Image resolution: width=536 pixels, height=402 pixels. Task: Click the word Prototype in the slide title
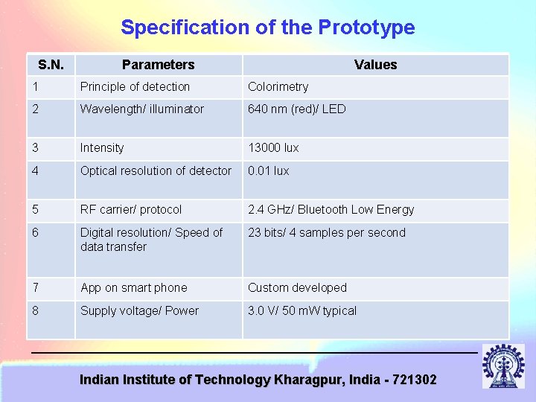tap(366, 28)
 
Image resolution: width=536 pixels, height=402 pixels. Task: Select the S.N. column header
tap(51, 65)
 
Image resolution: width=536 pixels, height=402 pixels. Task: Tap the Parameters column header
tap(158, 65)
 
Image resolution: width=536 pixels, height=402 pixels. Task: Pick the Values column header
tap(375, 65)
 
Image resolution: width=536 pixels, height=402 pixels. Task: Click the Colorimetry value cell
tap(278, 87)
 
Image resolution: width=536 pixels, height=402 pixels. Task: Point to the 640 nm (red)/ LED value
tap(296, 109)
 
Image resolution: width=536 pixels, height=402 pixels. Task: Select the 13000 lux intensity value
tap(273, 148)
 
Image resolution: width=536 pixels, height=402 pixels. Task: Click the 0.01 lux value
tap(268, 171)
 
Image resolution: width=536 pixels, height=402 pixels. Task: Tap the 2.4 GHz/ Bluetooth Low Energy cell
tap(331, 210)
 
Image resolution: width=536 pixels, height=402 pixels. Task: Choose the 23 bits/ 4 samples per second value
tap(326, 233)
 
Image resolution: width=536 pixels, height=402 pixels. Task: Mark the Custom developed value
tap(297, 288)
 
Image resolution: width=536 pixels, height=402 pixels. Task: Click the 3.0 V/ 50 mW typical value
tap(301, 311)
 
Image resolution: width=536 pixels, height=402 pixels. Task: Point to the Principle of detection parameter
tap(135, 87)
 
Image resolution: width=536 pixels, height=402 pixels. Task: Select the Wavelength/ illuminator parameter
tap(141, 109)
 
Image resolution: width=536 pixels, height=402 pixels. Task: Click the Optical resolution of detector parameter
tap(156, 171)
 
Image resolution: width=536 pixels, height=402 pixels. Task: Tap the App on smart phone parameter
tap(133, 288)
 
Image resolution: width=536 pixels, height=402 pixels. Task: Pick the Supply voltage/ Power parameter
tap(139, 311)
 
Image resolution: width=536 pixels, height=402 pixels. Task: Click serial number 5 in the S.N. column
tap(35, 210)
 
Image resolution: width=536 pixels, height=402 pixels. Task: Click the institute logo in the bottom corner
tap(502, 366)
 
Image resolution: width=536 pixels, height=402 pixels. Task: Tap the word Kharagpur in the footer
tap(308, 380)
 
